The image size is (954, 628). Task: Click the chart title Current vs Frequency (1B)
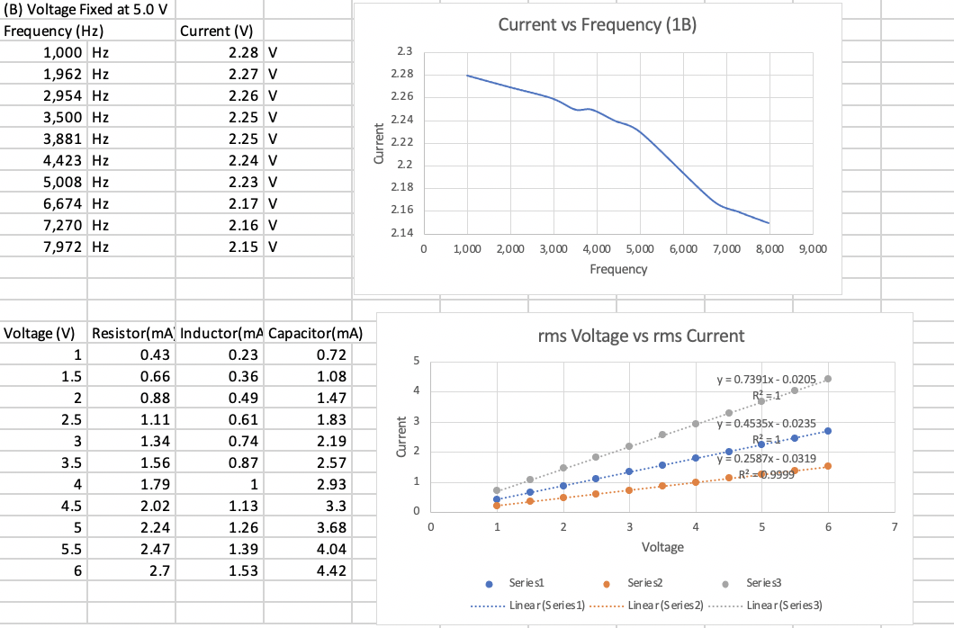tap(598, 24)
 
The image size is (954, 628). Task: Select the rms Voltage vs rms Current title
tap(641, 336)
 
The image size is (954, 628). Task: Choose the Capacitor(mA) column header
tap(314, 333)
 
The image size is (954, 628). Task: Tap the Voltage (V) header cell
tap(40, 333)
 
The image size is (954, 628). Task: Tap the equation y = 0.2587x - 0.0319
tap(766, 459)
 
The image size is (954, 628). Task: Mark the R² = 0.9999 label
tap(765, 473)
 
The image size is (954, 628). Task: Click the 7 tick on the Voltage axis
tap(895, 526)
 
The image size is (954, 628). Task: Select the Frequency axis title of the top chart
tap(617, 269)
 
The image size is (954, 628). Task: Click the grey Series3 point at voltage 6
tap(828, 379)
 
